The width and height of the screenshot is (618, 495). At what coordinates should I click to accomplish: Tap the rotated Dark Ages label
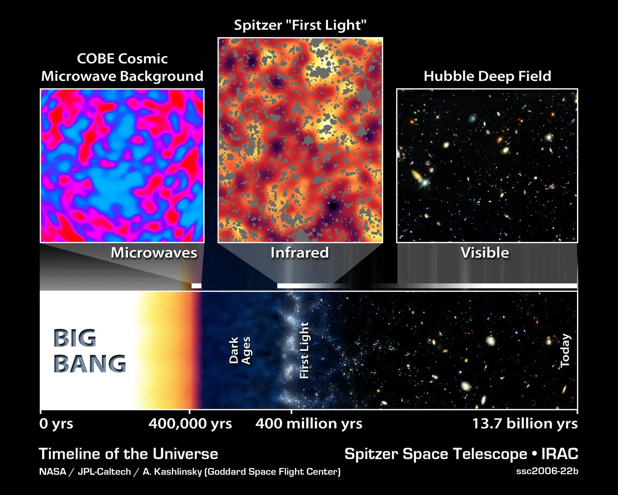pos(240,350)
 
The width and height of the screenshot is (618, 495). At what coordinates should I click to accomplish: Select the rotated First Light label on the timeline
pos(304,350)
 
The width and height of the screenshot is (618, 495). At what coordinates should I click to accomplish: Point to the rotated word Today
pos(565,350)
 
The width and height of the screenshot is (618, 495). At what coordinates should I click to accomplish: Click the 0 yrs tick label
pos(56,424)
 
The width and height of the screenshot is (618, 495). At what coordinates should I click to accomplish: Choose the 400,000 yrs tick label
pos(190,424)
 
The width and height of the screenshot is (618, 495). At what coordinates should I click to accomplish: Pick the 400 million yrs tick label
pos(309,424)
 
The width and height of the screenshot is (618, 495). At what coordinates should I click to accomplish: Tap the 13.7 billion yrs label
pos(525,424)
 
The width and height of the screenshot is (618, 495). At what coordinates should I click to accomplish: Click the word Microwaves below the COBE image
pos(154,253)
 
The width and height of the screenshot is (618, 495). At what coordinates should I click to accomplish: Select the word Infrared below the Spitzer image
pos(300,253)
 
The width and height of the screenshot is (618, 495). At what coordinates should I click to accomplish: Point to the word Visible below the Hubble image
pos(485,253)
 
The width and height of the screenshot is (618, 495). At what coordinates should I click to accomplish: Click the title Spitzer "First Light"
pos(300,26)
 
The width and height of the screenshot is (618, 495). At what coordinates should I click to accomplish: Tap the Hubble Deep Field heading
pos(487,76)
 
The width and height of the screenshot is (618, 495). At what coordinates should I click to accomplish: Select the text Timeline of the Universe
pos(129,454)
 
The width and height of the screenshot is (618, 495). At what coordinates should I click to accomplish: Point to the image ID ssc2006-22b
pos(547,471)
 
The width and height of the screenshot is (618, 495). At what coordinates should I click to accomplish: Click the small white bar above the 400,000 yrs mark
pos(197,286)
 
